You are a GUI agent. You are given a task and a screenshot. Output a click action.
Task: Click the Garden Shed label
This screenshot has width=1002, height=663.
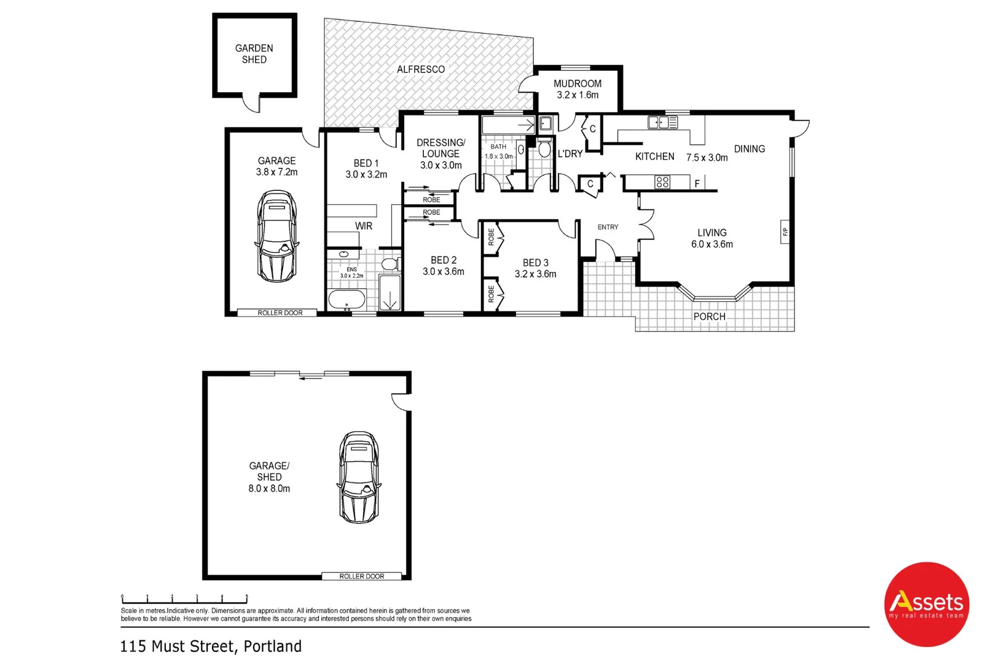(x=254, y=53)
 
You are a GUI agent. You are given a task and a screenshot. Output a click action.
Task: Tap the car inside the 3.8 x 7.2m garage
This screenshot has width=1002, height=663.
(x=276, y=236)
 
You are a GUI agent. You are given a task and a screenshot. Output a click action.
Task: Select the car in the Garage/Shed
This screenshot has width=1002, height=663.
(x=359, y=477)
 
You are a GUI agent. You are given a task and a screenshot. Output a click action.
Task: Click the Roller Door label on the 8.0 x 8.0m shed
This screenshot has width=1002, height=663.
(x=361, y=576)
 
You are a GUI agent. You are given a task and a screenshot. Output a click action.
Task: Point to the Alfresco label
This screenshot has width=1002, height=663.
(x=420, y=69)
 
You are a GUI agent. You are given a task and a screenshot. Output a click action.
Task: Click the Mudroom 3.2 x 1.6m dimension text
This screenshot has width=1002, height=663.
(x=577, y=95)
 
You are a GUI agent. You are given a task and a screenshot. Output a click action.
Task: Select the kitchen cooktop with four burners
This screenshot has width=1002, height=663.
(x=662, y=182)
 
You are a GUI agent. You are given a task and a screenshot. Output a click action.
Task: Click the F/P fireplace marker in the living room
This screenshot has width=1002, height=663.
(x=785, y=232)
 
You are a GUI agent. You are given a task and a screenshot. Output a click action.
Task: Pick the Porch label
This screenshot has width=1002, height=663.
(x=709, y=317)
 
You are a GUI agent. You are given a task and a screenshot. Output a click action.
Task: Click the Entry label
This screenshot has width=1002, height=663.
(x=608, y=227)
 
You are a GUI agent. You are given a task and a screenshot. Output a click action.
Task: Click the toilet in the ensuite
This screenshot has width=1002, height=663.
(x=389, y=265)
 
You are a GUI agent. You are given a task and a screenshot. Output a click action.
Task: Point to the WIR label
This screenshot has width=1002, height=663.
(x=363, y=226)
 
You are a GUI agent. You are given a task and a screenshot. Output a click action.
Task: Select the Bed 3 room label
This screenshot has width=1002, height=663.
(x=535, y=263)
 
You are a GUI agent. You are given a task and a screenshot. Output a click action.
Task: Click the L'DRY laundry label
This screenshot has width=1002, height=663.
(x=569, y=154)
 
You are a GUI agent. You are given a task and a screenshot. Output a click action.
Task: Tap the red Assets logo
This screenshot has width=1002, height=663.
(x=926, y=605)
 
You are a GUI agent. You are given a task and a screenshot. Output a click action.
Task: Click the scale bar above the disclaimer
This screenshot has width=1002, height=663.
(x=184, y=599)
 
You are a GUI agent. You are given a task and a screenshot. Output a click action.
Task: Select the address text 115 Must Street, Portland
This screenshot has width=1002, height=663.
(x=211, y=646)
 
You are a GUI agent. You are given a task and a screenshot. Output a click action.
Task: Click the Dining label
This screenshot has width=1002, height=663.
(x=749, y=149)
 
